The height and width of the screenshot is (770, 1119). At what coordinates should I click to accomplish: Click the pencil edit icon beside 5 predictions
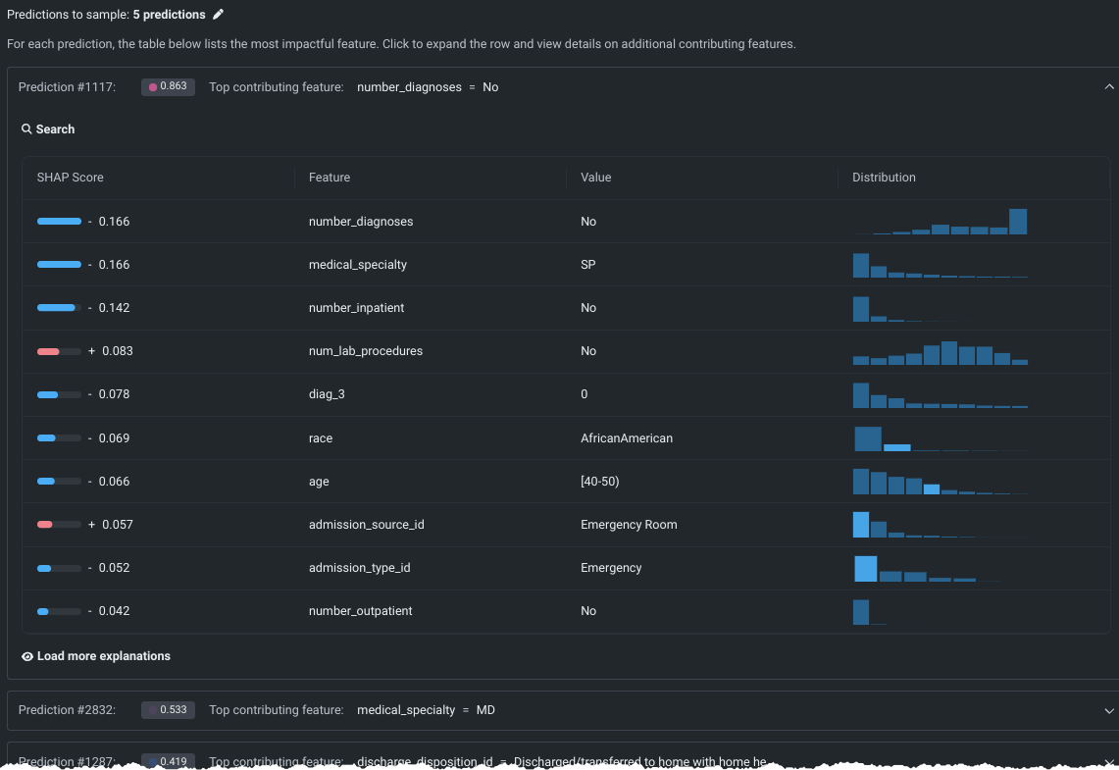[219, 15]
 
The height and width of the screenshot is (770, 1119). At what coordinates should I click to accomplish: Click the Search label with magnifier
[48, 129]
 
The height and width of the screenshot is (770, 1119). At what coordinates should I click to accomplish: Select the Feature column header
[330, 178]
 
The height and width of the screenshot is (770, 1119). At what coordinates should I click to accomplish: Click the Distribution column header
[884, 178]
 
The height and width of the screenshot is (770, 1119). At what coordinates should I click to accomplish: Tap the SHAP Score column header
[70, 178]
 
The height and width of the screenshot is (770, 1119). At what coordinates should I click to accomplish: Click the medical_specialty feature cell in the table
[358, 265]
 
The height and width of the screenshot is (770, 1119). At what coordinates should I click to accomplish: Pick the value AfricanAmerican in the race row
[627, 438]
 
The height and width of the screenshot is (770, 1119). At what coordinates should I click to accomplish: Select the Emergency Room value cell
[629, 525]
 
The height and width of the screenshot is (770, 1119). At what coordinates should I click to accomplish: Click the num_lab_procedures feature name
[366, 351]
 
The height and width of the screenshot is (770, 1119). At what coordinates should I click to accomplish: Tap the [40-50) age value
[601, 482]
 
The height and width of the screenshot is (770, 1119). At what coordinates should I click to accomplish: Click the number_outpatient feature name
[360, 611]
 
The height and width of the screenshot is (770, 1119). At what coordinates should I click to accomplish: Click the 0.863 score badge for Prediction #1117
[168, 87]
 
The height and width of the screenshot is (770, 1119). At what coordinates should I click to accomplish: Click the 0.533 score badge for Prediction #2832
[168, 710]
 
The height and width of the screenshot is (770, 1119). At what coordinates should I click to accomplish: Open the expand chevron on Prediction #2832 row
[1109, 710]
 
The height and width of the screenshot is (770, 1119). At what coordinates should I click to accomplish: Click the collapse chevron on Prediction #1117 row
[1109, 87]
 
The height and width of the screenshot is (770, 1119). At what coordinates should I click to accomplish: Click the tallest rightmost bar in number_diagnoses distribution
[1018, 222]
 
